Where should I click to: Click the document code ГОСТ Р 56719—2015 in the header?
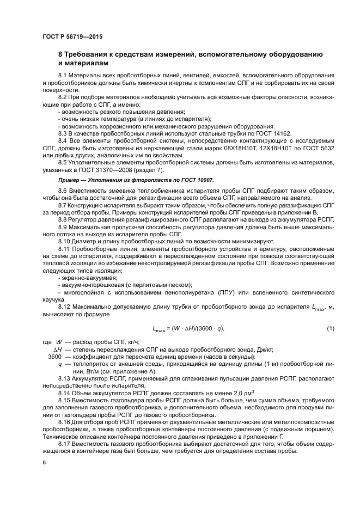72,36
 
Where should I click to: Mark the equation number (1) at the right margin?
330,328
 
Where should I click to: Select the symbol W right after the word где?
59,341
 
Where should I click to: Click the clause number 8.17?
66,444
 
